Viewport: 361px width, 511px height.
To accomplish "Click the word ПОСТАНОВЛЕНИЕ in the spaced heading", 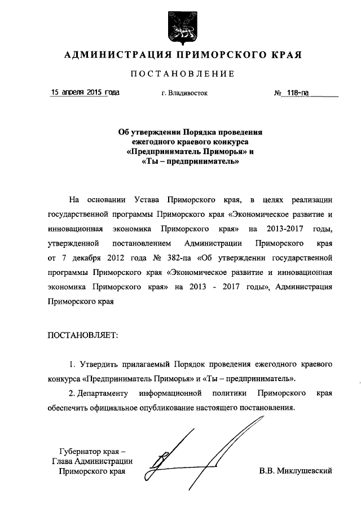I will tap(182, 74).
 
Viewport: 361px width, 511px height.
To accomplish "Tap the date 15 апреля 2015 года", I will tap(85, 91).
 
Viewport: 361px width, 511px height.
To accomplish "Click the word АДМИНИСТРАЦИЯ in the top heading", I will tap(117, 55).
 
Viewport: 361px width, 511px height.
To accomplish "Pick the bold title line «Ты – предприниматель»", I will tap(186, 162).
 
